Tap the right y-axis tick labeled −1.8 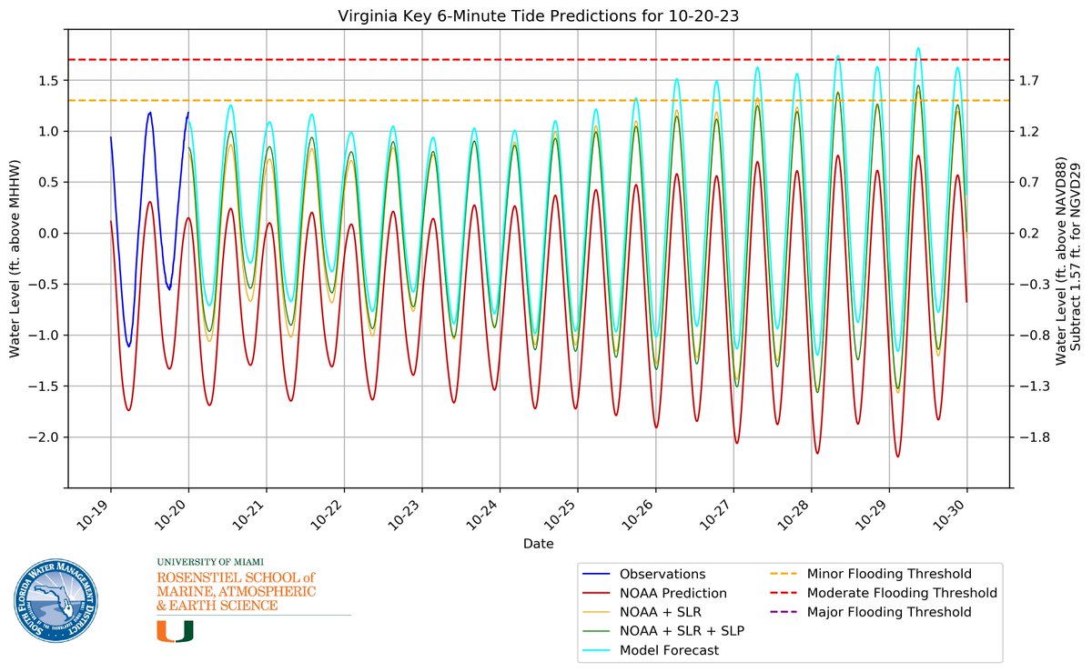(1033, 437)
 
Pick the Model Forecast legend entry (669, 650)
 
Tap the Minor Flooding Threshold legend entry (889, 574)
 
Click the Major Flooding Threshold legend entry (889, 612)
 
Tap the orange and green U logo (175, 631)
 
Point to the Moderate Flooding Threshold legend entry (902, 593)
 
